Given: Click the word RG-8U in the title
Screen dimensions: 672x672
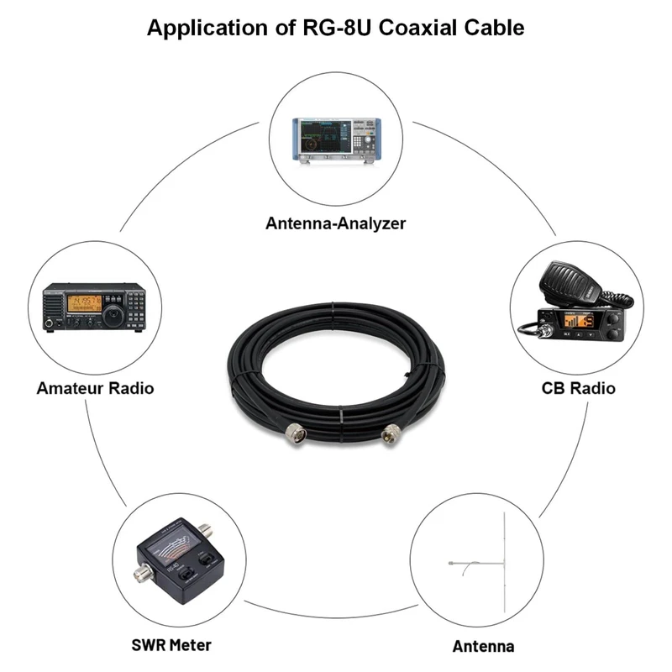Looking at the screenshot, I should point(331,27).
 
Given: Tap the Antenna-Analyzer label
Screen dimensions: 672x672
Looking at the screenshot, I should point(335,223).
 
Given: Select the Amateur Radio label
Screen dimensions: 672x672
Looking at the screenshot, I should point(95,388).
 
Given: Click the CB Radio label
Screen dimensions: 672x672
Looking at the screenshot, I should point(578,388).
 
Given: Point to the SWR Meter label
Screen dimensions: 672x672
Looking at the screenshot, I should point(171,644).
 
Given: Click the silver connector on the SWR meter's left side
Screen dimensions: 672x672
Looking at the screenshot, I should point(140,575).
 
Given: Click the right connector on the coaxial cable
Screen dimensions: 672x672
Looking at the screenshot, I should point(391,435).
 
